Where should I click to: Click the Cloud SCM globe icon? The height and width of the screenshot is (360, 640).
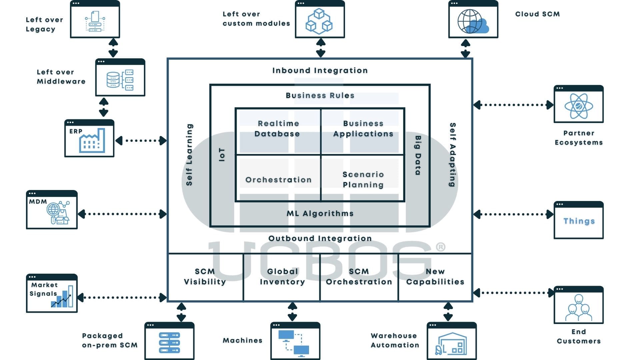click(473, 21)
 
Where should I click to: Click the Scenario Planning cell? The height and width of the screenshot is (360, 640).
click(363, 179)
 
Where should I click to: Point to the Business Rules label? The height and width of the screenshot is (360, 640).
click(320, 95)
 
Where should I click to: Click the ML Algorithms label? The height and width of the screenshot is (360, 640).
click(320, 213)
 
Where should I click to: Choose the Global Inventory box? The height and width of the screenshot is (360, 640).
click(282, 277)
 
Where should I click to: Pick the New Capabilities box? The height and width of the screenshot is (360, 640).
click(435, 277)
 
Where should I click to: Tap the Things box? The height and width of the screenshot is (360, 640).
click(579, 221)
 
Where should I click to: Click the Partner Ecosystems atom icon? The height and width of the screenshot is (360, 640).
click(579, 106)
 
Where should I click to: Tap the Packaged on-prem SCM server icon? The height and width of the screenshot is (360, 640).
click(169, 343)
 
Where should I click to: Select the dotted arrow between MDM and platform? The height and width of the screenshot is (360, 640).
click(122, 214)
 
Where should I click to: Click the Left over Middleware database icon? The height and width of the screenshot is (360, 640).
click(120, 79)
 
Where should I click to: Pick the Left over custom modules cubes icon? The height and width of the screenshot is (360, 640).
click(319, 21)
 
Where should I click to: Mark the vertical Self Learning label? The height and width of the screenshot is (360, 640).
click(189, 155)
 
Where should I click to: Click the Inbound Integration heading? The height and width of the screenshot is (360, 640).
click(320, 70)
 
